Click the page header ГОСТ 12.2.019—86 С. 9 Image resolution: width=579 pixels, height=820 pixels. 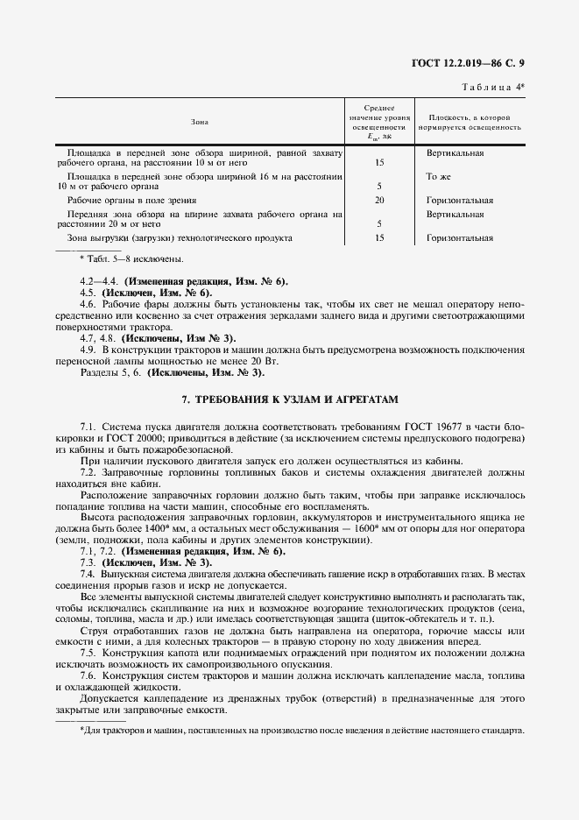(473, 63)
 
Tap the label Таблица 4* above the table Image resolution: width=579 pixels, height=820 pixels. (491, 85)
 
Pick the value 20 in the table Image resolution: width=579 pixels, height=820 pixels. (379, 200)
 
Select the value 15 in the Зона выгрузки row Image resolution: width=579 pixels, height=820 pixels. (379, 237)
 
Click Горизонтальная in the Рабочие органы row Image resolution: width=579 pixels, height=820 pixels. (460, 200)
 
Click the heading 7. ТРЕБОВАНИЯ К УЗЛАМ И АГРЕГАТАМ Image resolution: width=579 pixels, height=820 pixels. (290, 399)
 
